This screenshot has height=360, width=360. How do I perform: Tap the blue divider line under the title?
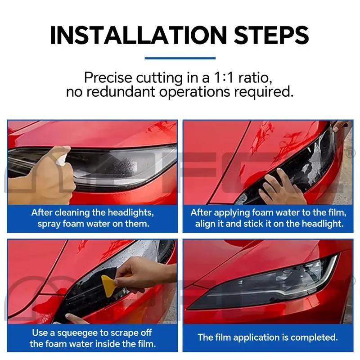pyautogui.click(x=180, y=58)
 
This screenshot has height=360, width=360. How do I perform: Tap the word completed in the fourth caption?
pyautogui.click(x=314, y=337)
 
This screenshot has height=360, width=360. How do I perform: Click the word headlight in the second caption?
pyautogui.click(x=324, y=224)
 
